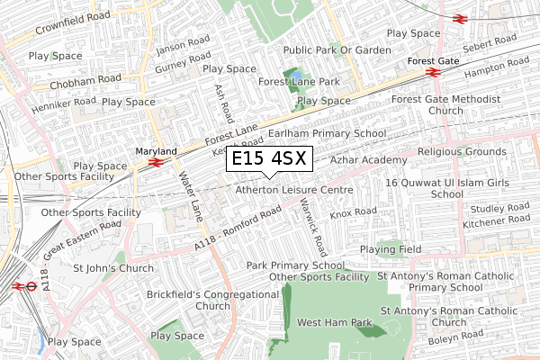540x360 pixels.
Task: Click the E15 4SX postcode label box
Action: coord(269,158)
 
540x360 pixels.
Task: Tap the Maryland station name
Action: coord(156,151)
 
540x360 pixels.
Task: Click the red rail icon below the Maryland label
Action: coord(156,164)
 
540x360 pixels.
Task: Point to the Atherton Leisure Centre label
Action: coord(293,191)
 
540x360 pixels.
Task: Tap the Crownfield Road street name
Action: coord(72,23)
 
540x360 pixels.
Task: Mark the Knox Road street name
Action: coord(353,212)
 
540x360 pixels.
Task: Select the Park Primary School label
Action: coord(295,265)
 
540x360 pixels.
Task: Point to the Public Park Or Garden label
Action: coord(337,50)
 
